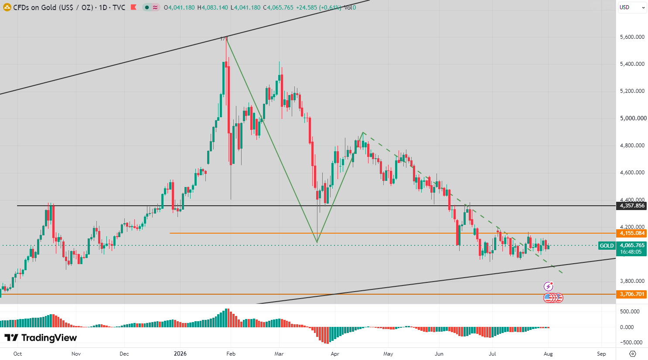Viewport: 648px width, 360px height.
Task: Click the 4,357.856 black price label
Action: coord(632,206)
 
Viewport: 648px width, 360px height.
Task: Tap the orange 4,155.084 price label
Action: coord(632,233)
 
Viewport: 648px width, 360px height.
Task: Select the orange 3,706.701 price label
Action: coord(632,294)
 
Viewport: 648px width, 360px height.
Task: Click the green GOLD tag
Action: coord(607,245)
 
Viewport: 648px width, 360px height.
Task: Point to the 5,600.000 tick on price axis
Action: coord(632,37)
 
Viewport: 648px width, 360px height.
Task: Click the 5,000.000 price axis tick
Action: coord(633,118)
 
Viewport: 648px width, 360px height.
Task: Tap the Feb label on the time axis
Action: coord(231,353)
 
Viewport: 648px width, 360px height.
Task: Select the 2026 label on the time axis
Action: coord(180,353)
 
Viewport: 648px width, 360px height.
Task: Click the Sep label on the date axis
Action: coord(601,353)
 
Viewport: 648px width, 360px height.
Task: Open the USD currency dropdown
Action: coord(632,7)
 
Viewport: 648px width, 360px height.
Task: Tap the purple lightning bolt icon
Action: coord(548,286)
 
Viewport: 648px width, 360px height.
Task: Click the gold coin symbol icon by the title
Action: coord(7,7)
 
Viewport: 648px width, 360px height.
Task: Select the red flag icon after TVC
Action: coord(133,7)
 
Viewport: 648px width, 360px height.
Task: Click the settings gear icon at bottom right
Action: coord(632,353)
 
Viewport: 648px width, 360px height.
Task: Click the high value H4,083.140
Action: coord(213,7)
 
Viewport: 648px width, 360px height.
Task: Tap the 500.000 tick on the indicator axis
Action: coord(630,312)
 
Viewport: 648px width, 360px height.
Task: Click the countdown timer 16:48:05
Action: coord(631,252)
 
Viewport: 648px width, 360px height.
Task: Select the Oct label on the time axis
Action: coord(17,353)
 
